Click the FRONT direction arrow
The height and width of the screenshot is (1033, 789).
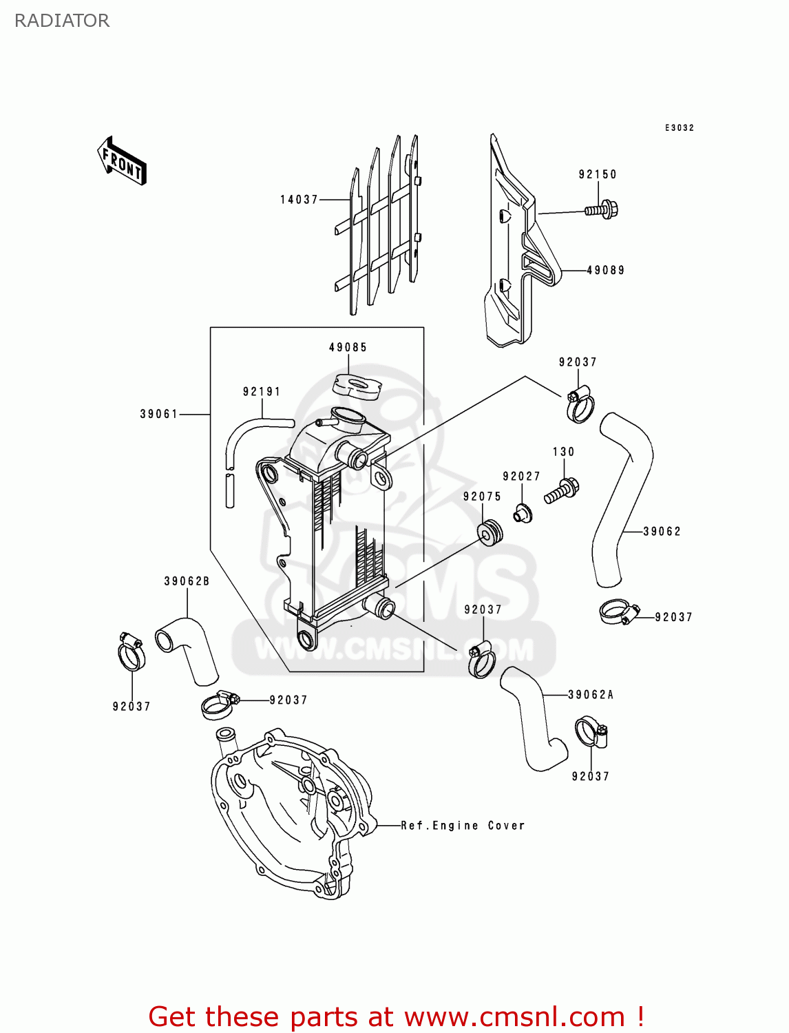[x=122, y=161]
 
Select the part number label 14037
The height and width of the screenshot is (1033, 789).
[x=299, y=200]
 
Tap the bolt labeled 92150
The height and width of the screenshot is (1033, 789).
[x=602, y=209]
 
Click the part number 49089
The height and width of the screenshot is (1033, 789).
[x=605, y=271]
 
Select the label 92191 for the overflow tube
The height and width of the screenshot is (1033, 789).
[x=262, y=392]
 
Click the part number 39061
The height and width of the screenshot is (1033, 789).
[x=159, y=414]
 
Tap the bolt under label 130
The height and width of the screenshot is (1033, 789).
[x=562, y=491]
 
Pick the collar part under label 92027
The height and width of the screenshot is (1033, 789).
[x=523, y=514]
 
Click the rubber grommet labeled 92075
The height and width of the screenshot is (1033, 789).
[x=490, y=532]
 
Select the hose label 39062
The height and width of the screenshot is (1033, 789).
[x=662, y=532]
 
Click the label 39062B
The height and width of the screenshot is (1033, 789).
[x=187, y=581]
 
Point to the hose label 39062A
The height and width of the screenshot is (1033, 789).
[x=591, y=695]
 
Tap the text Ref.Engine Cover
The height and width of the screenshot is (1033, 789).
[x=463, y=826]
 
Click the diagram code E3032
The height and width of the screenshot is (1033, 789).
[x=679, y=128]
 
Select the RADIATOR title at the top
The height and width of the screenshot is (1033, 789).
[x=62, y=21]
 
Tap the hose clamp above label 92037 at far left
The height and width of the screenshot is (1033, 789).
[x=130, y=653]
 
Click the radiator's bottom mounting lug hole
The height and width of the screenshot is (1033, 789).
[x=306, y=639]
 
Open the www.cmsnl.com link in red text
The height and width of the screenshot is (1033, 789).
[x=514, y=1017]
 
